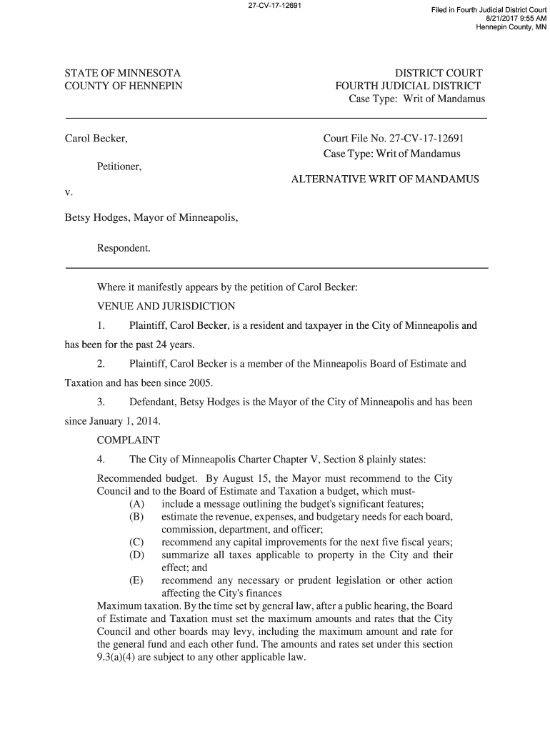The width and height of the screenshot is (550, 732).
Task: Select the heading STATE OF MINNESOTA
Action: coord(123,73)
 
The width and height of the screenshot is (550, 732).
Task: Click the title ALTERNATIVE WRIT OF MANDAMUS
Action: coord(385,179)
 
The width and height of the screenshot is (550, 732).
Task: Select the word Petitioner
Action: coord(119,167)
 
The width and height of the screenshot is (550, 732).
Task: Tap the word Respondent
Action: coord(124,248)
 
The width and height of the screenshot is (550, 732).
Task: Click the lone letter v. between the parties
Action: coord(69,192)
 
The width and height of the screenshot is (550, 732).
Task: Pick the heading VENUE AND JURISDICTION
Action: coord(166,307)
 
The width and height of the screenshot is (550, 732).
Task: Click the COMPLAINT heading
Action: coord(129,440)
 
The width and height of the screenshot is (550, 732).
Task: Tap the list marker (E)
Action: coord(137,580)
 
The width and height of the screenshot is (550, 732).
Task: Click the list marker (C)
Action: coord(137,542)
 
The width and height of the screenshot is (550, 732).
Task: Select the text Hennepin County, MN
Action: coord(510,27)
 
